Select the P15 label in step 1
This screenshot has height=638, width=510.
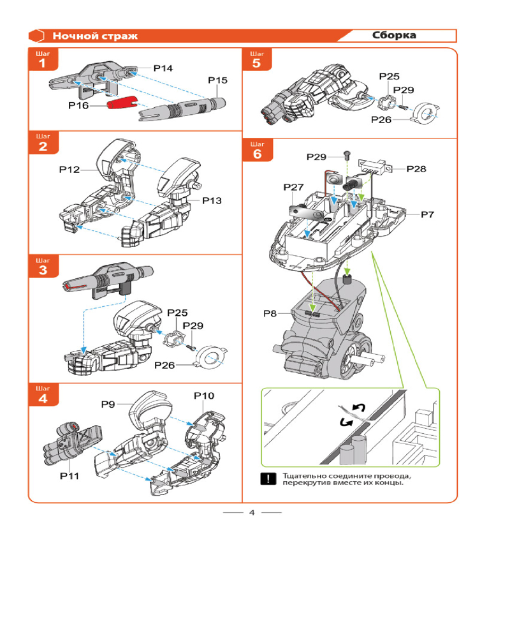coord(217,80)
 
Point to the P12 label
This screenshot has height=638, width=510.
coord(69,170)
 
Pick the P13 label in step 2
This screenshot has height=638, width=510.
coord(212,201)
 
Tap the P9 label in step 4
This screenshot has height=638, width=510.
coord(108,403)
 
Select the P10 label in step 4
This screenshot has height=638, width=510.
coord(204,396)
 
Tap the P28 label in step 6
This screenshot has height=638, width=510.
coord(416,169)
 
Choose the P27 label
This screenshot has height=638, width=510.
coord(294,187)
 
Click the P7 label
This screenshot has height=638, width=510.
coord(427,214)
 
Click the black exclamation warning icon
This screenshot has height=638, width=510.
coord(270,479)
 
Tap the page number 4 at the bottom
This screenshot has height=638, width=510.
coord(252,512)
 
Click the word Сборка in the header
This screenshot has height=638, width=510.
coord(395,36)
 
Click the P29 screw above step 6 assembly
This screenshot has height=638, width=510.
coord(346,155)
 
